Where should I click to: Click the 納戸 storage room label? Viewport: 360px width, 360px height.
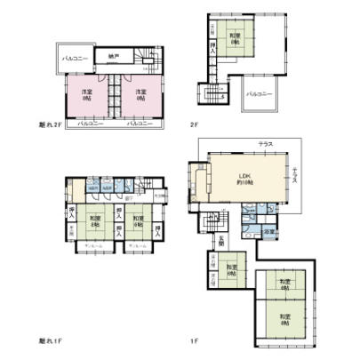[x=113, y=57]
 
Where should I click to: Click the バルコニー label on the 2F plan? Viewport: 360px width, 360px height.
[x=259, y=93]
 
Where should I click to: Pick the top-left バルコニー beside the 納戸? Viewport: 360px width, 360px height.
[x=73, y=58]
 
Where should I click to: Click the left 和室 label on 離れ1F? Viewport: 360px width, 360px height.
[x=95, y=220]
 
